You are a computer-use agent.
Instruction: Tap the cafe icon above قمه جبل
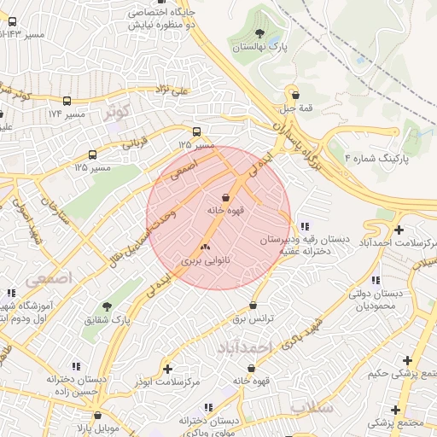pyautogui.click(x=294, y=95)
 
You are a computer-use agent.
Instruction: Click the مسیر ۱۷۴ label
pyautogui.click(x=66, y=114)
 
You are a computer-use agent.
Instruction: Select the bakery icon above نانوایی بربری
pyautogui.click(x=205, y=247)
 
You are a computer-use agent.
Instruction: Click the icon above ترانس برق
pyautogui.click(x=253, y=306)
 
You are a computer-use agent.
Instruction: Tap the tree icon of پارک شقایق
pyautogui.click(x=106, y=306)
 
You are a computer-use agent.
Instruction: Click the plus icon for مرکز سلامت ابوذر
pyautogui.click(x=167, y=369)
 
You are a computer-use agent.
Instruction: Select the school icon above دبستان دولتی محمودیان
pyautogui.click(x=376, y=280)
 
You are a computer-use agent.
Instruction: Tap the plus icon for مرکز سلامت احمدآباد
pyautogui.click(x=399, y=229)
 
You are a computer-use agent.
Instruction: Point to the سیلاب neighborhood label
pyautogui.click(x=311, y=407)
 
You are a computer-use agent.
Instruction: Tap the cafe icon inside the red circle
pyautogui.click(x=225, y=197)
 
